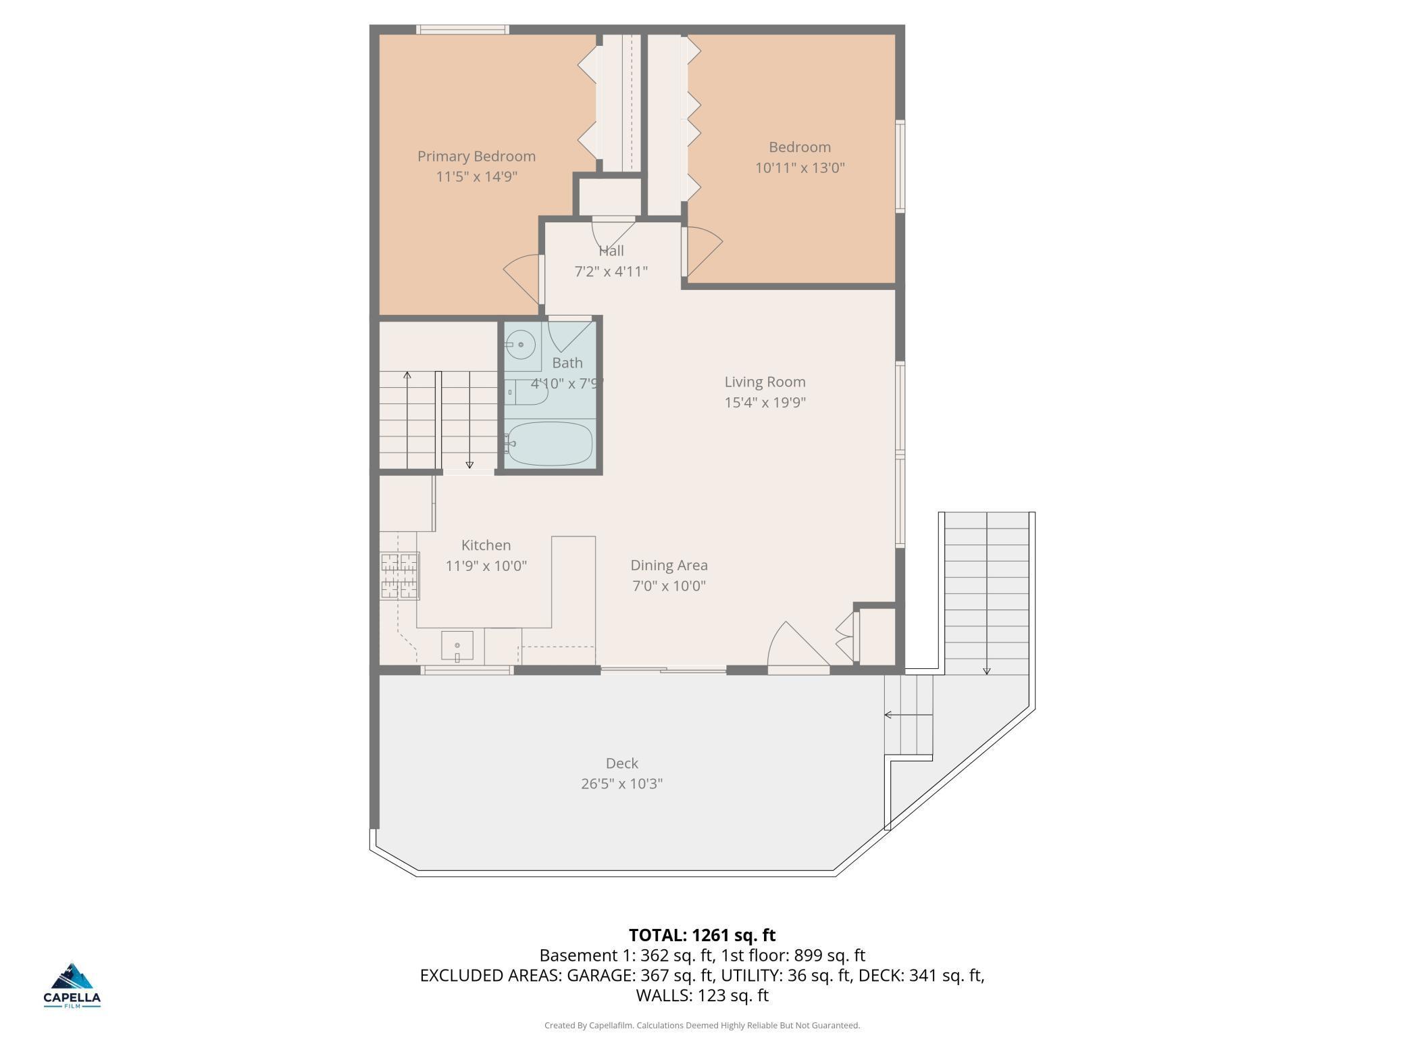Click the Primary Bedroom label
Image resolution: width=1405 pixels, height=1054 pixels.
[x=476, y=156]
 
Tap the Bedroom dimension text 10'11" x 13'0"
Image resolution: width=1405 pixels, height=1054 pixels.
[x=800, y=168]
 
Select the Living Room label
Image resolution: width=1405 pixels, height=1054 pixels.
[x=765, y=382]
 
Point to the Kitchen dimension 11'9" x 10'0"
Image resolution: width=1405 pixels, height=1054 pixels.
[x=486, y=566]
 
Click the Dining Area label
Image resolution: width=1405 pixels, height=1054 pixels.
[x=669, y=565]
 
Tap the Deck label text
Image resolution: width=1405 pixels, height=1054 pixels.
[x=621, y=763]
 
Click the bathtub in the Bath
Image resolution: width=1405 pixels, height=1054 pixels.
[x=549, y=444]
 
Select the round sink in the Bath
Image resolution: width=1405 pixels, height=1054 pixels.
[x=520, y=345]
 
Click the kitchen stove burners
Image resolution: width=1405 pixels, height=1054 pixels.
[x=400, y=576]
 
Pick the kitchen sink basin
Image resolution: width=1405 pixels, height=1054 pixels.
[x=457, y=646]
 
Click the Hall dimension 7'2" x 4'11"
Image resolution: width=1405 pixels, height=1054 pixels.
[x=611, y=272]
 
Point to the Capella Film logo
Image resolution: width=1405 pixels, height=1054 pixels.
[x=72, y=986]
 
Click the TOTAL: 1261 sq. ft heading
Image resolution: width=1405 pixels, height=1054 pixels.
[x=702, y=935]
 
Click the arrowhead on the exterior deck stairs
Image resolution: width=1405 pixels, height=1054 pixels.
[x=987, y=671]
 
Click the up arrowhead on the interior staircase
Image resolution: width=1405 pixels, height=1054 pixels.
[x=407, y=375]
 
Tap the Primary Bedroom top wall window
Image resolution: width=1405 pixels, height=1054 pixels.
[x=463, y=29]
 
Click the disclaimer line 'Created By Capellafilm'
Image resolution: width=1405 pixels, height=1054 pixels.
[x=702, y=1026]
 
